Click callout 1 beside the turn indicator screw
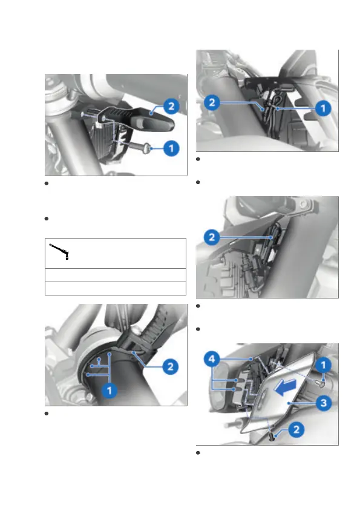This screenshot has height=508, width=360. pos(171,149)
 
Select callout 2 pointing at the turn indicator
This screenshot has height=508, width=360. pos(171,107)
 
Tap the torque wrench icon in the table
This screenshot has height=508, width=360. pos(59,252)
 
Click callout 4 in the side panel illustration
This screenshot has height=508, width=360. pos(212,359)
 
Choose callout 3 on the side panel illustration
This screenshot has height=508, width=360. pos(323,403)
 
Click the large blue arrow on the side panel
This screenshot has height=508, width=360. pos(285,388)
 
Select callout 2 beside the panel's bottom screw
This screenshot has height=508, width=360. pos(296,430)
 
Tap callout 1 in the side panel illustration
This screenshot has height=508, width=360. pos(322,365)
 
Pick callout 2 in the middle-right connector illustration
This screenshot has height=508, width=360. pos(212,237)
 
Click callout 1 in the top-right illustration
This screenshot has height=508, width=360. pos(323,108)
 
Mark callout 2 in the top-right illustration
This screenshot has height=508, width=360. pos(212,103)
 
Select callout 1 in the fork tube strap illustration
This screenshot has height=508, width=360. pos(110,390)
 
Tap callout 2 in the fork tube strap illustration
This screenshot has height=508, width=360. pos(170,367)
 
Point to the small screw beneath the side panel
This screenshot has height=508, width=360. pos(272,437)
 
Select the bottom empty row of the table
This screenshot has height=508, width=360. pos(115,288)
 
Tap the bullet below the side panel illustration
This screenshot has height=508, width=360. pos(198,453)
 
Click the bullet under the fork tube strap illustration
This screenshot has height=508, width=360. pos(47,414)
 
